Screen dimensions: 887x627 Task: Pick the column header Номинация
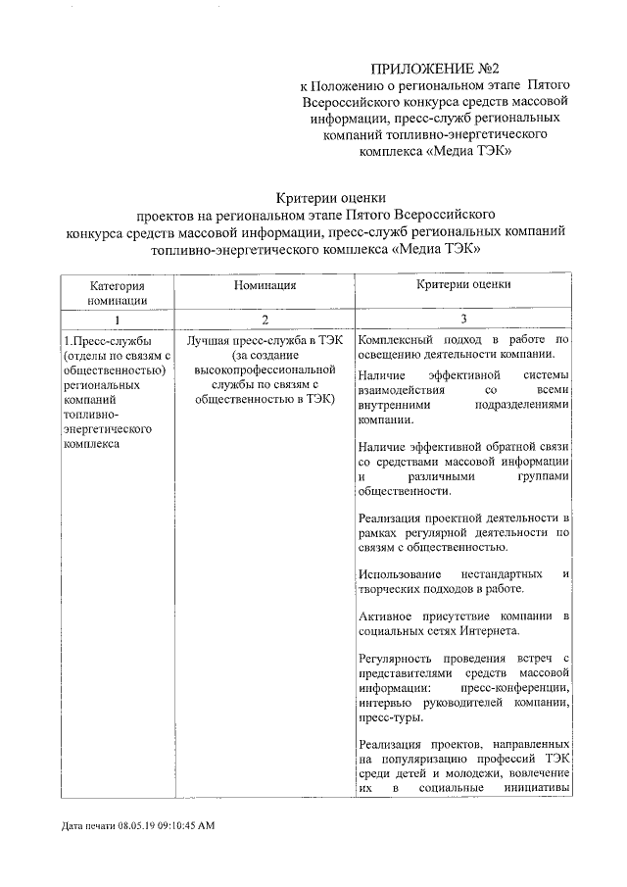click(x=265, y=285)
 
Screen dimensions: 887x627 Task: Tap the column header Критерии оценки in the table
click(x=463, y=285)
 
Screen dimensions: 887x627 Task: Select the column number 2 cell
click(x=265, y=320)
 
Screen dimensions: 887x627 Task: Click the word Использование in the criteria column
click(x=400, y=572)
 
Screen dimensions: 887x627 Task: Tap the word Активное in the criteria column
click(x=386, y=615)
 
